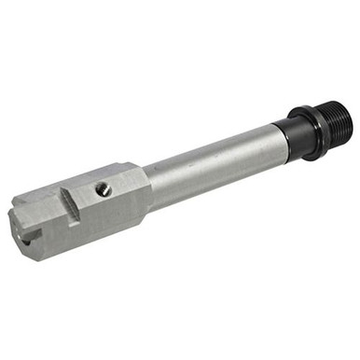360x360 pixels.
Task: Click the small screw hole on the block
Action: [104, 189]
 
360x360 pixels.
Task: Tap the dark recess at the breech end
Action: [29, 241]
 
